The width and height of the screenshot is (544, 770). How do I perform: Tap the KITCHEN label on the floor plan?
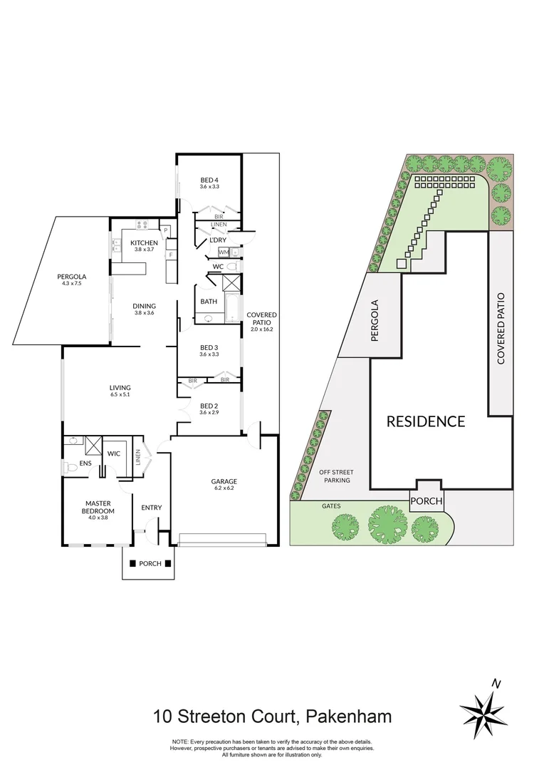click(x=144, y=243)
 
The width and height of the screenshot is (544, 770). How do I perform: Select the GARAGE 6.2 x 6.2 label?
click(x=224, y=481)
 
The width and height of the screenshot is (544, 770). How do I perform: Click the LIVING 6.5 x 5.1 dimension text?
click(x=120, y=394)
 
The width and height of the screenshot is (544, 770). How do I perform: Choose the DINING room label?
click(x=144, y=307)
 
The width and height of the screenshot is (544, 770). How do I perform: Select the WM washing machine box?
click(x=224, y=252)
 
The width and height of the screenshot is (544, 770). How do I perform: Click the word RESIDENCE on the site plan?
click(x=425, y=421)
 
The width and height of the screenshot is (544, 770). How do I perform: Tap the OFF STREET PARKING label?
click(x=335, y=476)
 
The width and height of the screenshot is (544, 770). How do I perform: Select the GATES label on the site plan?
click(x=330, y=505)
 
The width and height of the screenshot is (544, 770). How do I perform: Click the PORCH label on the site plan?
click(x=425, y=501)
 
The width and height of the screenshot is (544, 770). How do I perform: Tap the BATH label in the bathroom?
click(x=209, y=302)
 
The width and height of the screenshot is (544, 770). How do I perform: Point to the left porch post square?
click(x=132, y=563)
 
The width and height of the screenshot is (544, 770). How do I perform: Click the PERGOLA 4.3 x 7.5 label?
click(x=72, y=279)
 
